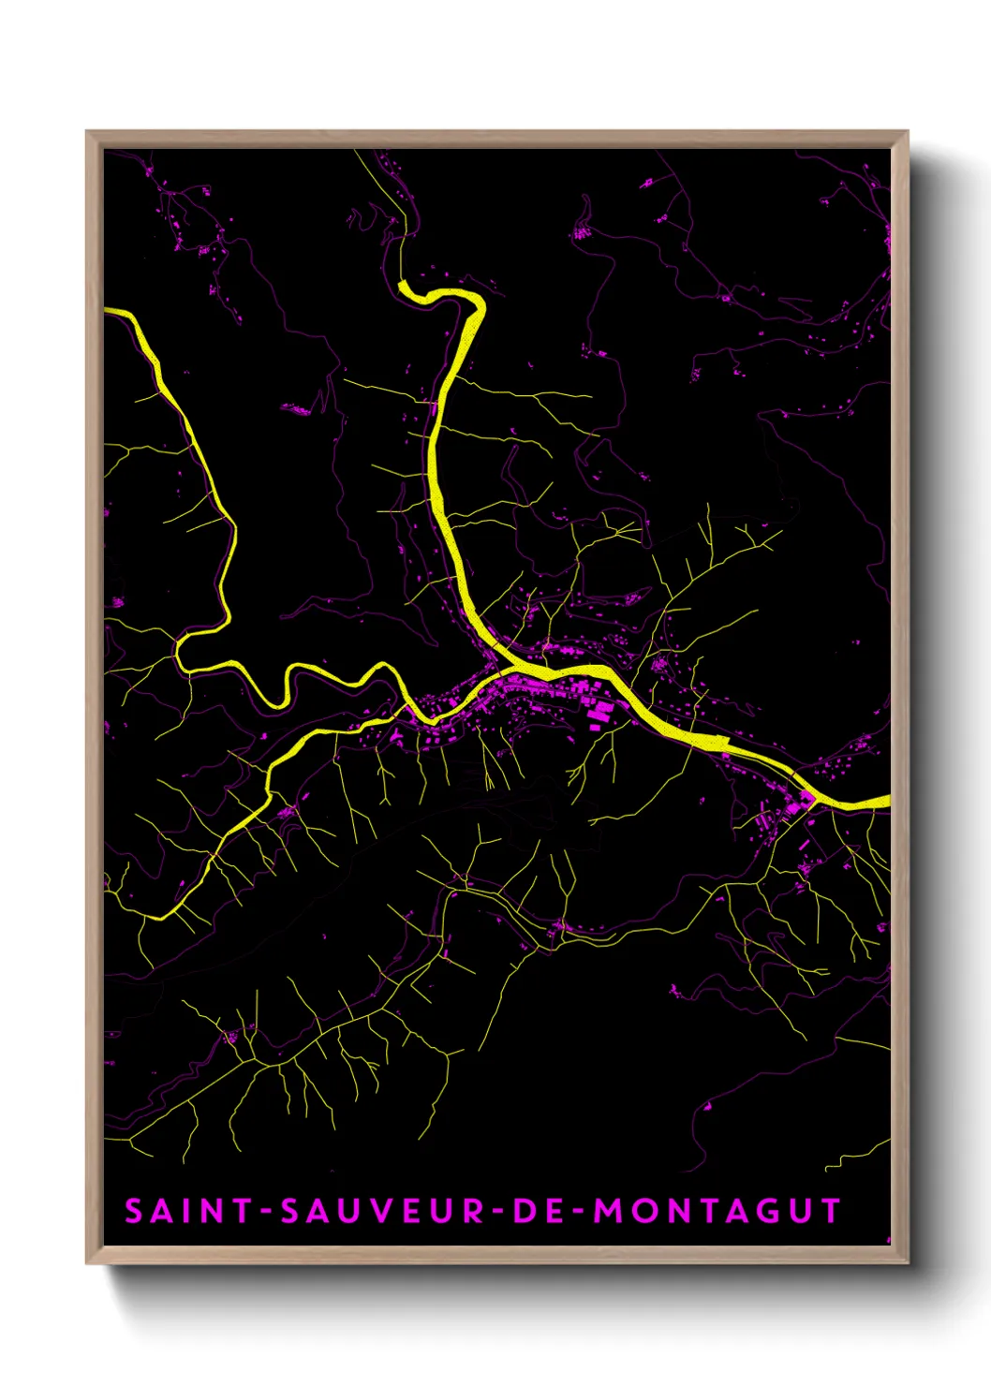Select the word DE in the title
click(538, 1211)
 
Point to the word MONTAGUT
click(717, 1211)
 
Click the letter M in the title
click(610, 1211)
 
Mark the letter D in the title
click(525, 1211)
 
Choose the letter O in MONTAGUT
click(643, 1211)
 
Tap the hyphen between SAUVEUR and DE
click(499, 1212)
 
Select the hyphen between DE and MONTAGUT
click(577, 1212)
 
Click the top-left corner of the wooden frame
click(87, 132)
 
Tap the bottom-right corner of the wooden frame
click(907, 1262)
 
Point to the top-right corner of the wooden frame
click(907, 132)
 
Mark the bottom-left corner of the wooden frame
click(87, 1262)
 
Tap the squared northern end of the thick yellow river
click(402, 285)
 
